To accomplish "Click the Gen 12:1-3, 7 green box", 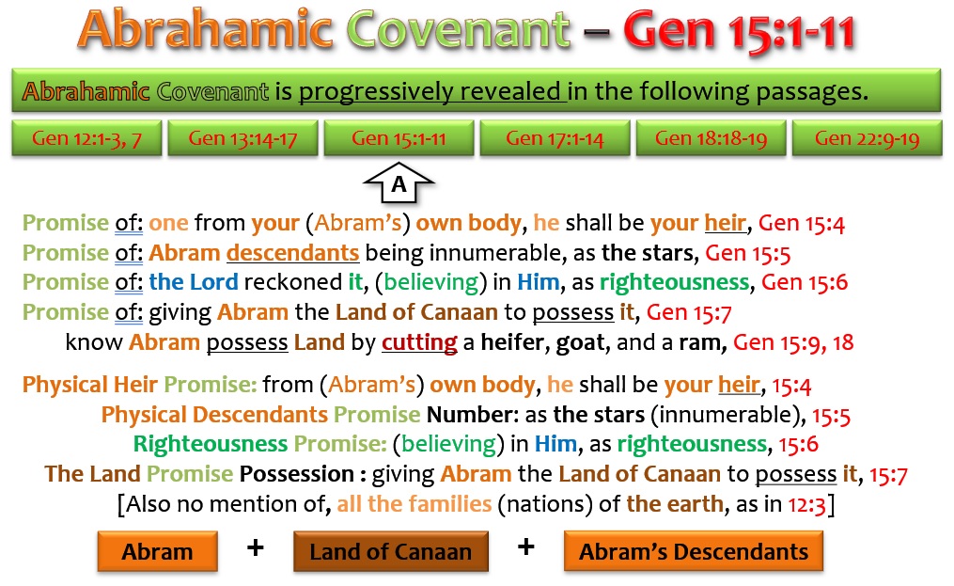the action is click(87, 138).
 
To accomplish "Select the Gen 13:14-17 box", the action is click(242, 138).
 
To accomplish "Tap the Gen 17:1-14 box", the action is click(555, 138).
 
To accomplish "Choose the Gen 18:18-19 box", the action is click(711, 138).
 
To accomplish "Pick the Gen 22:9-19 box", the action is click(867, 138).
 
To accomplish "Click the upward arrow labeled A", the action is click(399, 182).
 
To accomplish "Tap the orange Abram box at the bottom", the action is click(158, 551).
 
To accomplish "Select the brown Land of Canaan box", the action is click(391, 551).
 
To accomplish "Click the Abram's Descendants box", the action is click(694, 551).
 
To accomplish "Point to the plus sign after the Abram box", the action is click(256, 547).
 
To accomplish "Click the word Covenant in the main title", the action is click(459, 29).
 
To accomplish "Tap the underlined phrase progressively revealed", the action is click(432, 92).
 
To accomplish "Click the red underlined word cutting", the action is click(419, 342).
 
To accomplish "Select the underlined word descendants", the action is click(292, 253).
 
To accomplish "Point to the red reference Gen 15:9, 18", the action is click(793, 342).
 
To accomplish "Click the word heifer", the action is click(516, 342).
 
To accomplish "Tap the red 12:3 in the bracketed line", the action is click(806, 504).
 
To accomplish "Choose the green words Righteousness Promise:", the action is click(259, 444).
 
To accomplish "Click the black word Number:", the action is click(472, 415).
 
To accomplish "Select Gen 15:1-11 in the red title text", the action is click(739, 30).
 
